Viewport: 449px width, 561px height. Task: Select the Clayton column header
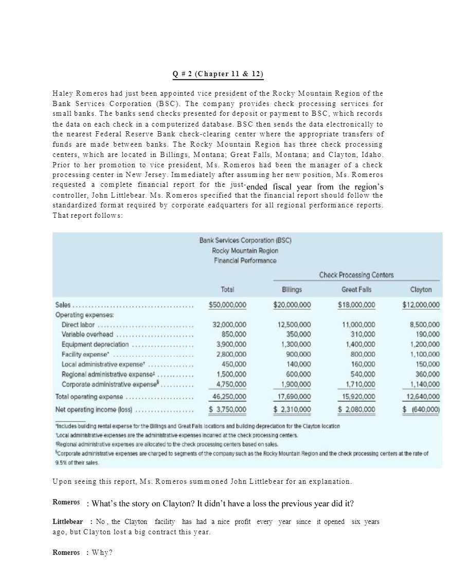[x=421, y=290]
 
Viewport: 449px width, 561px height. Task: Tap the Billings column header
[x=292, y=290]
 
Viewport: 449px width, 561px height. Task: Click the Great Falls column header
[x=356, y=290]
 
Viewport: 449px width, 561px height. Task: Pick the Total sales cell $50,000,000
[x=227, y=305]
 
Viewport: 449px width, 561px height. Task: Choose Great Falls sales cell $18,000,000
[x=356, y=305]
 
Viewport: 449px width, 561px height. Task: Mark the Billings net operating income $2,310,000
[x=292, y=409]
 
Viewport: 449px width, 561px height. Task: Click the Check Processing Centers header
[x=356, y=275]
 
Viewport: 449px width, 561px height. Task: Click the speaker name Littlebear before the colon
[x=68, y=521]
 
